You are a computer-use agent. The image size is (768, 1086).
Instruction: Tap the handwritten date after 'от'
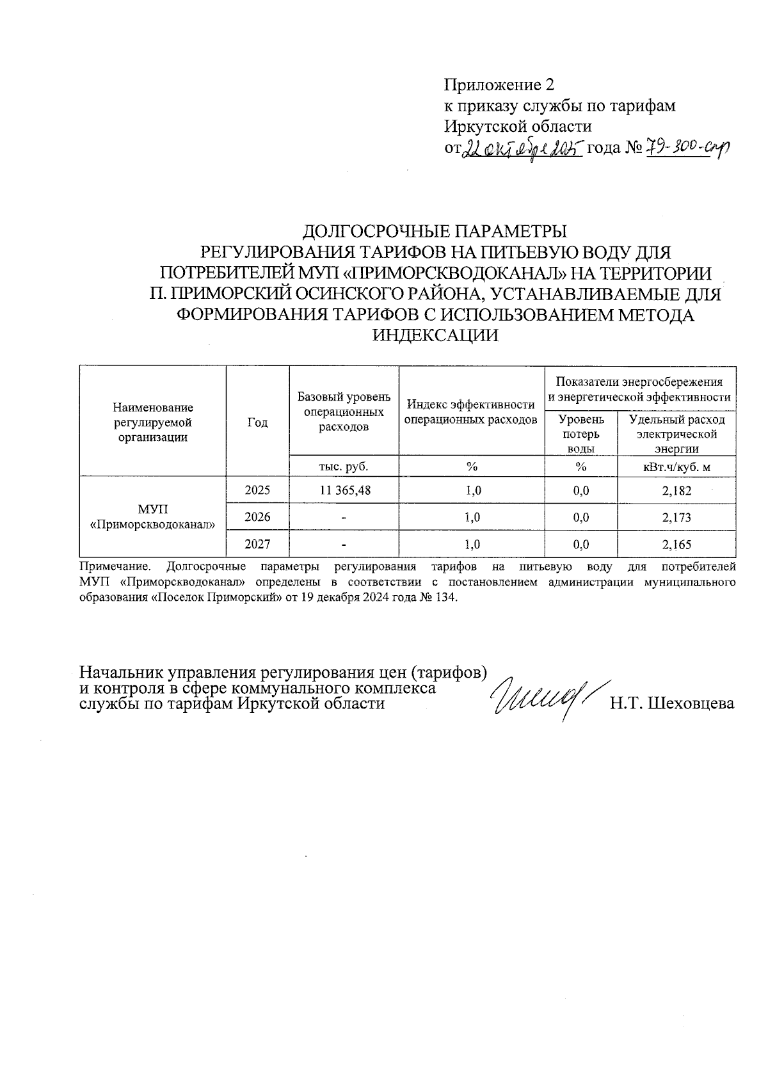[x=522, y=148]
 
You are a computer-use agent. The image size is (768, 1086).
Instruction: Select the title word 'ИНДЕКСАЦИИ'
[x=435, y=335]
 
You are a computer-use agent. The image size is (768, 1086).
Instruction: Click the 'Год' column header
[x=257, y=422]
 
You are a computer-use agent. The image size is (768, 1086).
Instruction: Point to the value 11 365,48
[x=344, y=490]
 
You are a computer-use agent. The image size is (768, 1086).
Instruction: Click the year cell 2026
[x=257, y=517]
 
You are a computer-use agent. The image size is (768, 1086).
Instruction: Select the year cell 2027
[x=257, y=545]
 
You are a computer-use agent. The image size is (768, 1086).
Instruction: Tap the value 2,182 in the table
[x=676, y=490]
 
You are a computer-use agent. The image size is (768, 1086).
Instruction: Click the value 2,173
[x=676, y=517]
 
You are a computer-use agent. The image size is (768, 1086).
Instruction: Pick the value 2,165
[x=676, y=545]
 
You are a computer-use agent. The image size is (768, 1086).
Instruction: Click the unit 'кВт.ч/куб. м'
[x=676, y=467]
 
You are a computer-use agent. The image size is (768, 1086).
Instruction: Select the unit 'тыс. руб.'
[x=344, y=467]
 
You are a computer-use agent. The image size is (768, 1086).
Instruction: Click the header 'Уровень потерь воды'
[x=580, y=434]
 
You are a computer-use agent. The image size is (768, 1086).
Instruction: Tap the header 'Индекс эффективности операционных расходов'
[x=471, y=412]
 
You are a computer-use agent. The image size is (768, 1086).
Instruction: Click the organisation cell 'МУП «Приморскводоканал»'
[x=152, y=517]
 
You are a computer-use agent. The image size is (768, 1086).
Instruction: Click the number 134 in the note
[x=447, y=597]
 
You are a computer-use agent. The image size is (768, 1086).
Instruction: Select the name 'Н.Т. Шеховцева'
[x=671, y=704]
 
